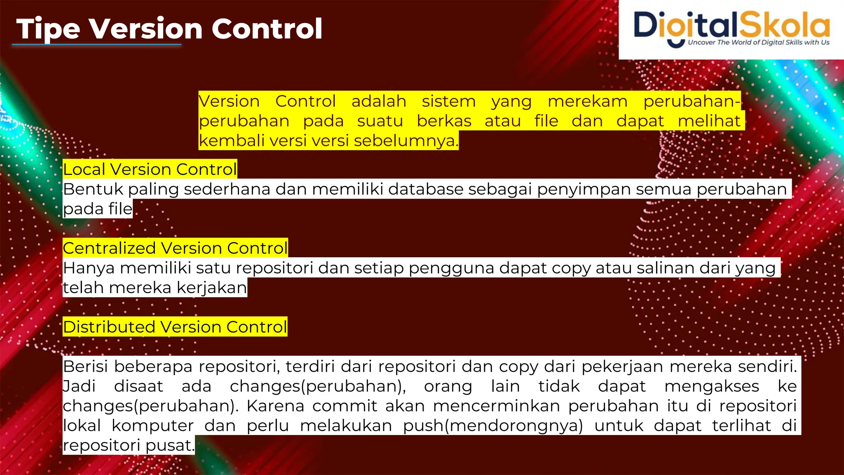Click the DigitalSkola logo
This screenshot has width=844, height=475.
pyautogui.click(x=731, y=26)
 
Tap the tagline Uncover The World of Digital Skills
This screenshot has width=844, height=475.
pyautogui.click(x=758, y=42)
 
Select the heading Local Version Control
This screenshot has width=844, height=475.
pyautogui.click(x=150, y=169)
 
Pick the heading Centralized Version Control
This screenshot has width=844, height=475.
pyautogui.click(x=175, y=248)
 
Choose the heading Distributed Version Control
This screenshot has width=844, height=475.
pyautogui.click(x=175, y=327)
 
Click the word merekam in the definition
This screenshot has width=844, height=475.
pyautogui.click(x=587, y=101)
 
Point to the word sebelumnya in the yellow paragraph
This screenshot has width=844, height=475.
pyautogui.click(x=406, y=141)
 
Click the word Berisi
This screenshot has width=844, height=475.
pyautogui.click(x=85, y=366)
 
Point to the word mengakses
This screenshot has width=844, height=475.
pyautogui.click(x=712, y=386)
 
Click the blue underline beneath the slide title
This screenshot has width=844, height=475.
pyautogui.click(x=97, y=45)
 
